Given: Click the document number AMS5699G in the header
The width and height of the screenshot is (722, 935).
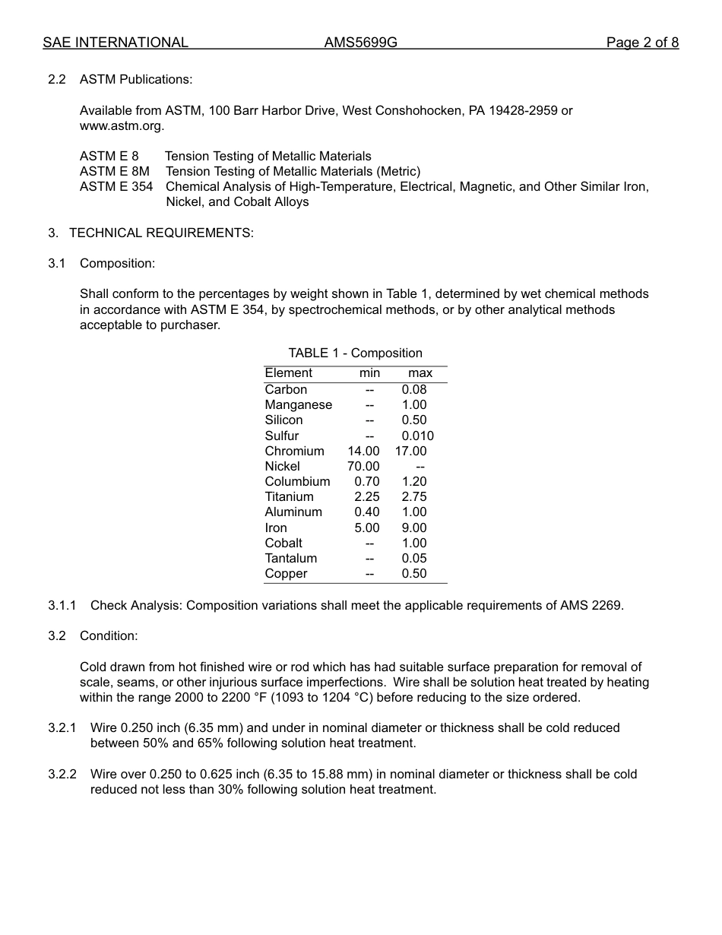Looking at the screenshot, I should (x=360, y=43).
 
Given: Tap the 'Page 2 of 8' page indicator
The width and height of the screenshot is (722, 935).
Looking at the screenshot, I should (x=642, y=43).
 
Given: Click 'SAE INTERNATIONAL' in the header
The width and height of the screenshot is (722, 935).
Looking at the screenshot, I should (x=116, y=43).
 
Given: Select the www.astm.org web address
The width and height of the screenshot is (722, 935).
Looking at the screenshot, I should (x=122, y=126).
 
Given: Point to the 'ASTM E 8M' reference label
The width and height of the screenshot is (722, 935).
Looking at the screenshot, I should (x=115, y=172).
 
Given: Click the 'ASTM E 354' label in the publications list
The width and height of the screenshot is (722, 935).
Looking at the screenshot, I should (x=116, y=187).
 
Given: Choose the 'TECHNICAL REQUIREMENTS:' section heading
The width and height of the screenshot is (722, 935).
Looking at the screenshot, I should (x=161, y=233).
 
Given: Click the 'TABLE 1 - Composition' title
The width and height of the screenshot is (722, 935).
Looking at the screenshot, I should (x=355, y=353).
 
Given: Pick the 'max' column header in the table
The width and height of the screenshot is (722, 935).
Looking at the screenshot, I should (x=420, y=373).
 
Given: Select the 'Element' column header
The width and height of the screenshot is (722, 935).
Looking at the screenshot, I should (x=288, y=373).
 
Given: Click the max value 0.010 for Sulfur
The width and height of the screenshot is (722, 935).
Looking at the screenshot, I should (x=417, y=436).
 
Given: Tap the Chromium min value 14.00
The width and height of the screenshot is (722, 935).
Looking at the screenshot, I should (x=363, y=452).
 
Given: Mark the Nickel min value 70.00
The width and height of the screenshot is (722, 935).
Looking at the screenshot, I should (x=363, y=467).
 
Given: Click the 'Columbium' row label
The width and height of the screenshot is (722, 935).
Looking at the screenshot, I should (x=297, y=482).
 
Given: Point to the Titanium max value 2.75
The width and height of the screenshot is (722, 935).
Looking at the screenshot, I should (x=414, y=497).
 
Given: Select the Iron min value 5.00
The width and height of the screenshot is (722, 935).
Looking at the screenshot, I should (x=366, y=528).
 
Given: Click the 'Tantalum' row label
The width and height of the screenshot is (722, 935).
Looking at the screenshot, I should (x=291, y=559).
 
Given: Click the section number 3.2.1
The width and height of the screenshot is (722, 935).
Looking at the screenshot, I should (x=62, y=728).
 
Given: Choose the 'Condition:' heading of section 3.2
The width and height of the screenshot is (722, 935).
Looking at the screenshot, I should (x=109, y=636).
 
